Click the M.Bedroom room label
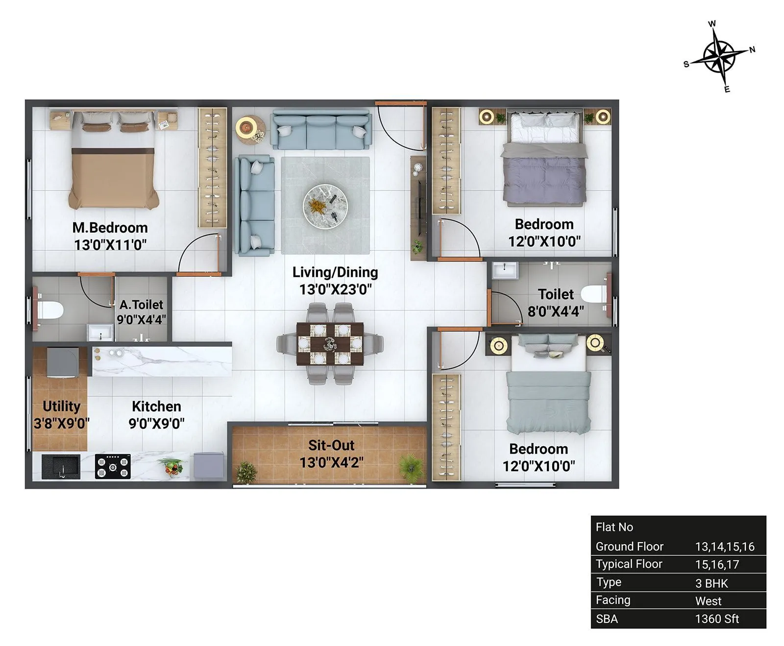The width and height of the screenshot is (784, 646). (x=110, y=228)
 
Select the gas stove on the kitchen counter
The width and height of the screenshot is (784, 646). (x=113, y=466)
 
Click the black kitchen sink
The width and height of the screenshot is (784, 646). (x=60, y=467)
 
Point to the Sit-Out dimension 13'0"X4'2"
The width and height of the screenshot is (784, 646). (x=331, y=462)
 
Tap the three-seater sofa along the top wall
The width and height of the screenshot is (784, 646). (x=321, y=130)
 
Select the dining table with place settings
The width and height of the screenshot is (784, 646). (x=330, y=344)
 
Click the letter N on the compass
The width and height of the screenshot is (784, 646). (x=752, y=49)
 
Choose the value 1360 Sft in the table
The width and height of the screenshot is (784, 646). (x=717, y=619)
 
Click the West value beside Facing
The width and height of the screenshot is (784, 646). (x=708, y=601)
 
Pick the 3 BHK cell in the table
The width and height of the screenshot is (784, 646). (x=711, y=583)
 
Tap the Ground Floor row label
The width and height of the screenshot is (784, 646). (x=629, y=547)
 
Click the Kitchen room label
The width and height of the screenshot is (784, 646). (x=156, y=407)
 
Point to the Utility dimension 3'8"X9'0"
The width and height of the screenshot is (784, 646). (x=61, y=423)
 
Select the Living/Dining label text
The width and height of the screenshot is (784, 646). (x=335, y=272)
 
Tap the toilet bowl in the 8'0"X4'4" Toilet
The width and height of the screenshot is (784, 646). (x=593, y=294)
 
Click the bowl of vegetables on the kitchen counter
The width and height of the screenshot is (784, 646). (x=172, y=466)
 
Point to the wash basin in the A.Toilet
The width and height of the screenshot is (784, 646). (x=100, y=333)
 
